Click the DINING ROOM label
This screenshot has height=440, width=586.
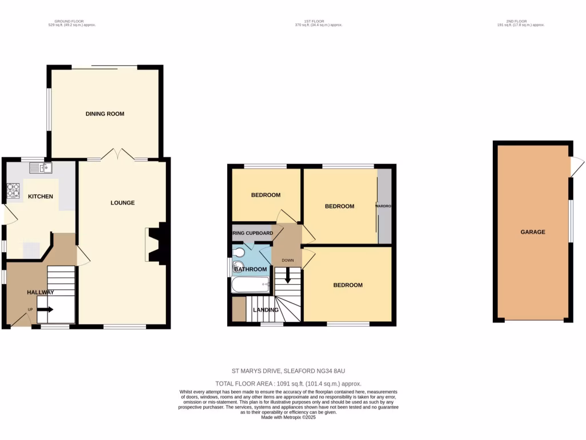click(x=105, y=114)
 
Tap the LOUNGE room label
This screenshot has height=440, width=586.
click(x=122, y=203)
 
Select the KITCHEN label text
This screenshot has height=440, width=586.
click(x=41, y=197)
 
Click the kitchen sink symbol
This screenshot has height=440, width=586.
click(x=41, y=167)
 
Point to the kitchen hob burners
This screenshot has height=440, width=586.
click(x=13, y=191)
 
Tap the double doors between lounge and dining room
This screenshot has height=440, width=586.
click(x=117, y=155)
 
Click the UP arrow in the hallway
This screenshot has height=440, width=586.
click(x=46, y=310)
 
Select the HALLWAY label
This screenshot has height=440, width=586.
click(x=41, y=292)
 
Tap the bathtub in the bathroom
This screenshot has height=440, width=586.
click(x=251, y=285)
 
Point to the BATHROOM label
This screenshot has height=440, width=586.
click(x=250, y=269)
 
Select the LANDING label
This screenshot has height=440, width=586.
click(x=266, y=310)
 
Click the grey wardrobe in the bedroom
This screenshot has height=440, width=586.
click(x=384, y=206)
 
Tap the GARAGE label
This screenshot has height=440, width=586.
click(x=532, y=232)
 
